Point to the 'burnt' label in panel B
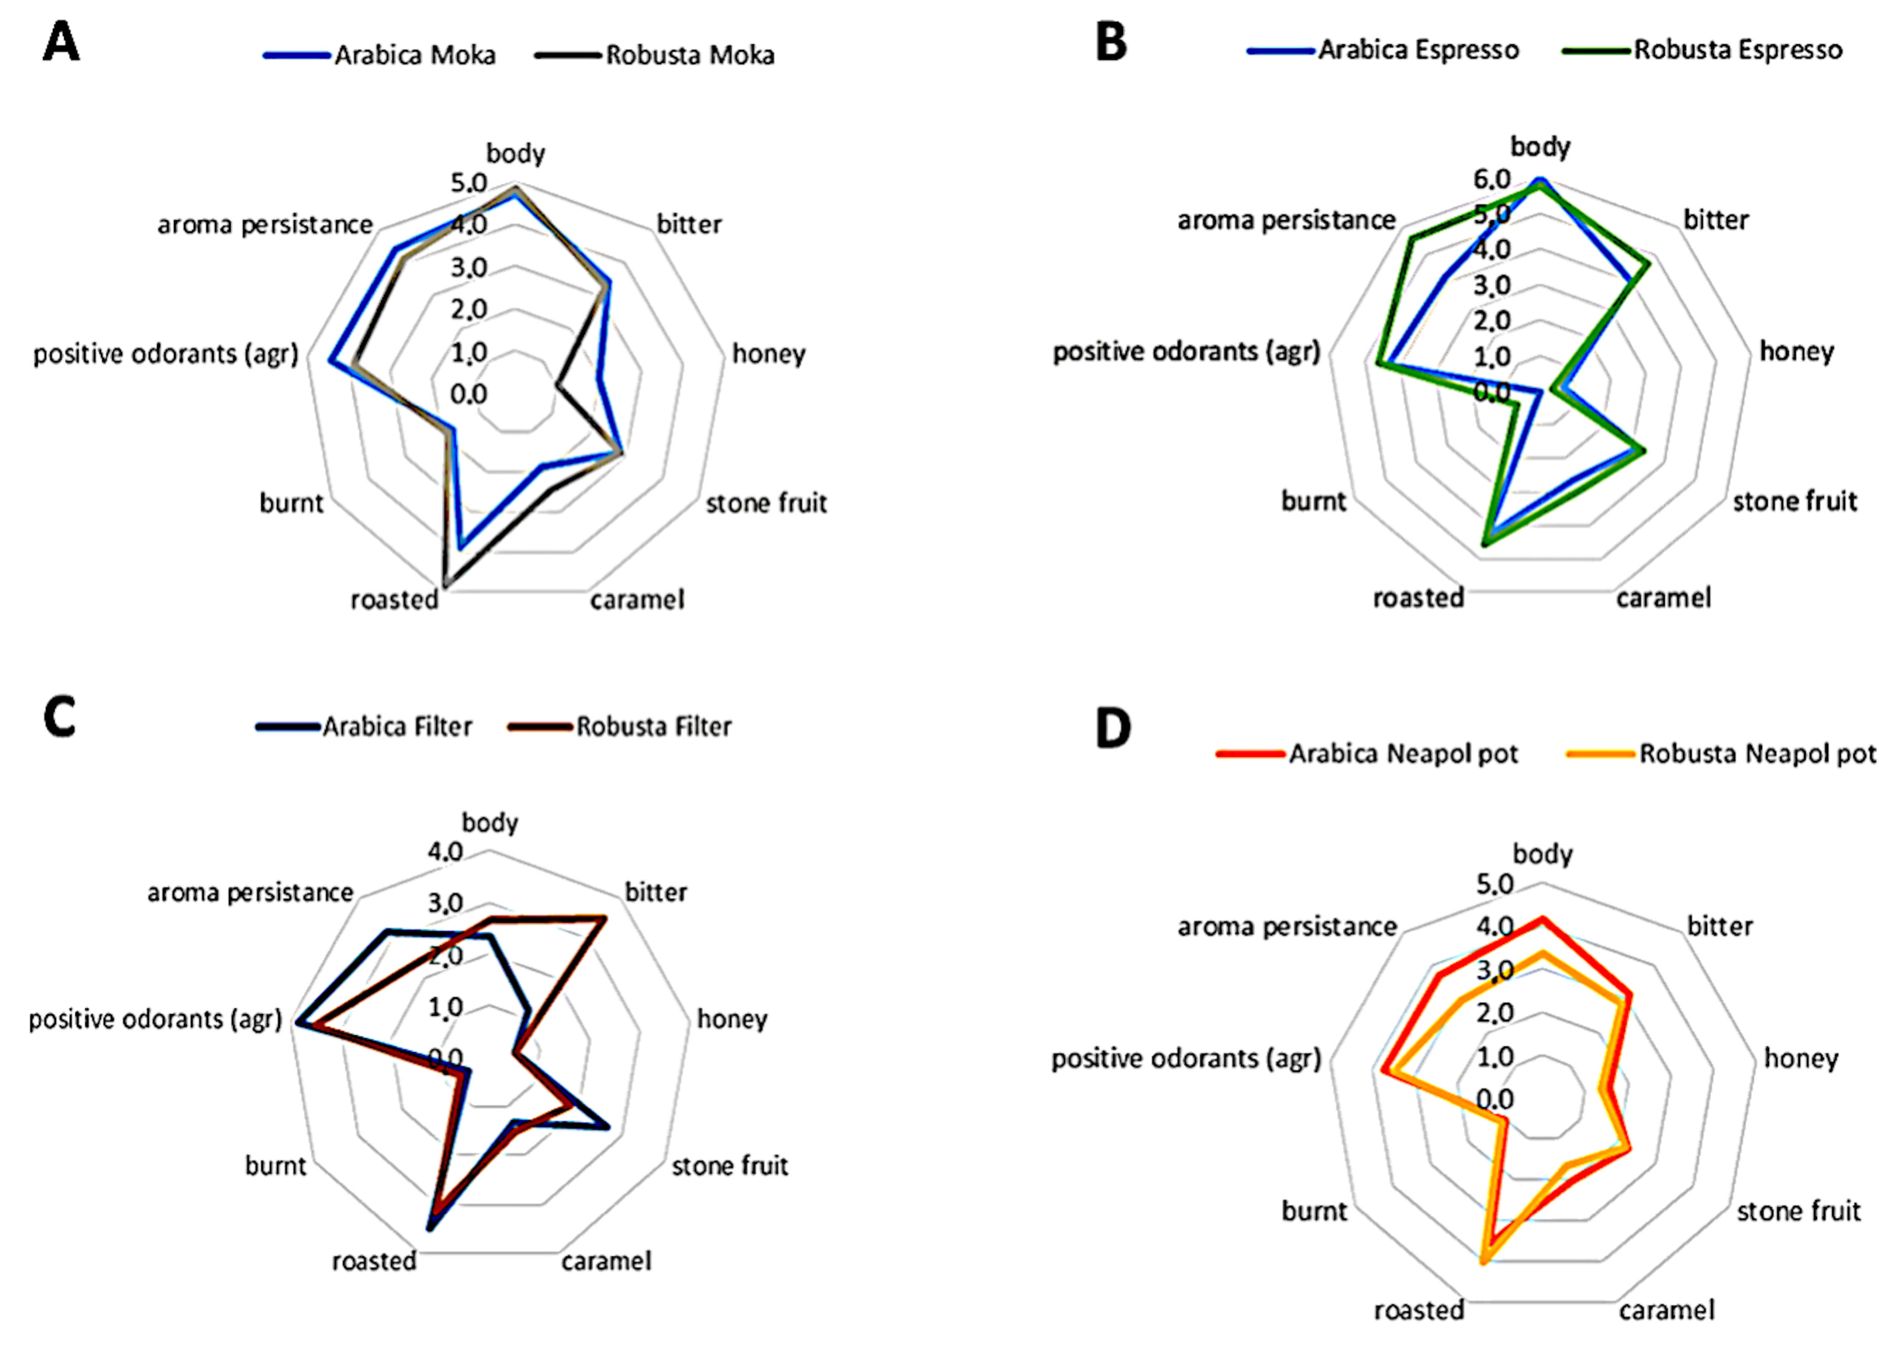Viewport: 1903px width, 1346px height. [1314, 501]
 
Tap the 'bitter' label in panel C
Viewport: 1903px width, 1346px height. [656, 893]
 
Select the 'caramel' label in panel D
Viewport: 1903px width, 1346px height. [1666, 1310]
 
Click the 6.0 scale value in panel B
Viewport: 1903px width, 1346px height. [1491, 179]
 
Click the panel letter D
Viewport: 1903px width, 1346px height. [1113, 728]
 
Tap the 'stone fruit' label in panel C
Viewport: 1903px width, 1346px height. [729, 1166]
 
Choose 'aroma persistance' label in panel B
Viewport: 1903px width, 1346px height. [1286, 221]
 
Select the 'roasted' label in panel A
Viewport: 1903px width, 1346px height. [394, 599]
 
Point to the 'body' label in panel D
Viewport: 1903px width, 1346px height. [1542, 854]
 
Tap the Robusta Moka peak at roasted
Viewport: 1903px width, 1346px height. [445, 586]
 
